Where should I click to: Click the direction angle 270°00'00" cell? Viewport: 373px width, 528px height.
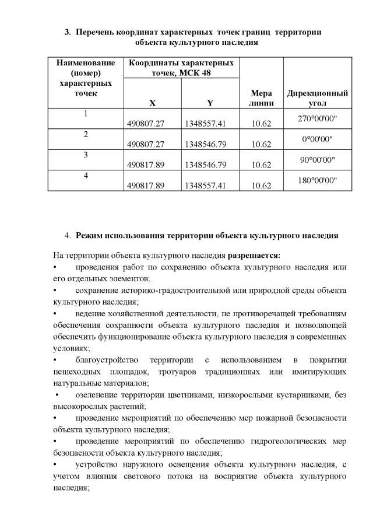[317, 119]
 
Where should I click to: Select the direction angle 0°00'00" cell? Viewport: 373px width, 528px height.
[317, 139]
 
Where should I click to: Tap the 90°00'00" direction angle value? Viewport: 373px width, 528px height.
[317, 159]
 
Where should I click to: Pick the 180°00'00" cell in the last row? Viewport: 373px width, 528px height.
[317, 180]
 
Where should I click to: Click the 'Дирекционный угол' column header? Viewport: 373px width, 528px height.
[317, 98]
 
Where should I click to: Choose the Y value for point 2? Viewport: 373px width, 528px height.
[205, 144]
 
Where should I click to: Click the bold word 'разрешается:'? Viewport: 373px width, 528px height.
[254, 255]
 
